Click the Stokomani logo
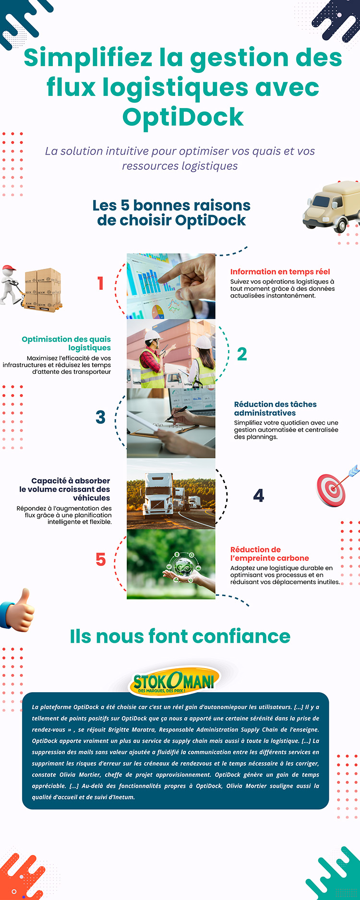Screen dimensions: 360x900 (174, 680)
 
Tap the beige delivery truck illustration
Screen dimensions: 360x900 (331, 205)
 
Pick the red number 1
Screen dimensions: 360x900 (100, 283)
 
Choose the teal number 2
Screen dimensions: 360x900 (242, 354)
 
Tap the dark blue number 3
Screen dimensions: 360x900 (100, 417)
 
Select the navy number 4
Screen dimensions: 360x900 (259, 495)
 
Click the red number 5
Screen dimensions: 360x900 (100, 559)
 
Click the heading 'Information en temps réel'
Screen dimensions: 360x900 (280, 272)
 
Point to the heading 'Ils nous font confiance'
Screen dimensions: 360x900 (180, 636)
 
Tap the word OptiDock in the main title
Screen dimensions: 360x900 (183, 117)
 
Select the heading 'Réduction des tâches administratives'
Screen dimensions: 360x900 (275, 408)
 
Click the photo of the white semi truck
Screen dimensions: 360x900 (171, 494)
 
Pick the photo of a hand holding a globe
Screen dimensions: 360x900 (171, 564)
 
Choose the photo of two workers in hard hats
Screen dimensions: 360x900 (171, 354)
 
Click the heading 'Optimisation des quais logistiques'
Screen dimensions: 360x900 (66, 343)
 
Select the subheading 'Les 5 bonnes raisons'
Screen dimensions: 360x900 (171, 205)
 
